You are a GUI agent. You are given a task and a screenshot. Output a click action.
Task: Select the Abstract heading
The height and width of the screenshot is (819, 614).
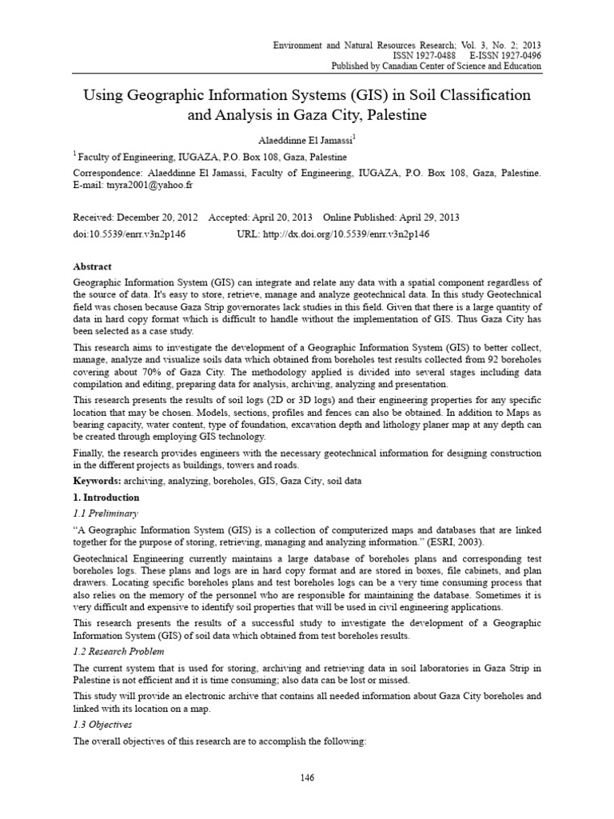pos(93,266)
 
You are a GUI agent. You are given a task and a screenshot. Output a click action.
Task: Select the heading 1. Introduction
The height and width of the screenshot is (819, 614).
pos(106,497)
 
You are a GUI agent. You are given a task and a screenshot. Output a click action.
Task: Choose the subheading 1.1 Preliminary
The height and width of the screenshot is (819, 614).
pos(106,513)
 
